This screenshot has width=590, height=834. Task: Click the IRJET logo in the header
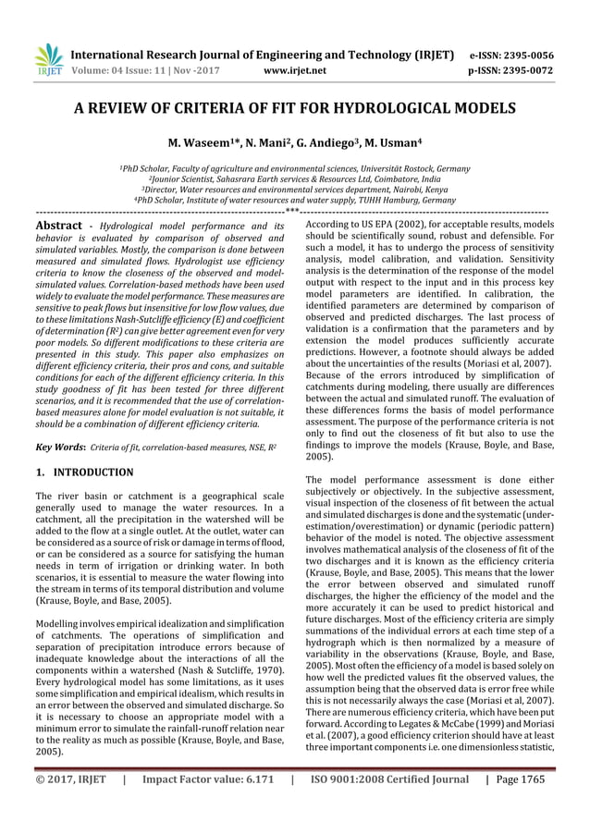pos(46,57)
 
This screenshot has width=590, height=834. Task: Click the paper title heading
pos(295,108)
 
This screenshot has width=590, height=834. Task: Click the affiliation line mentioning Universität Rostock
pos(295,169)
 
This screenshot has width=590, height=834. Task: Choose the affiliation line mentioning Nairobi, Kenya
pos(295,190)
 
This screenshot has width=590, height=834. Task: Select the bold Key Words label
pos(61,447)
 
